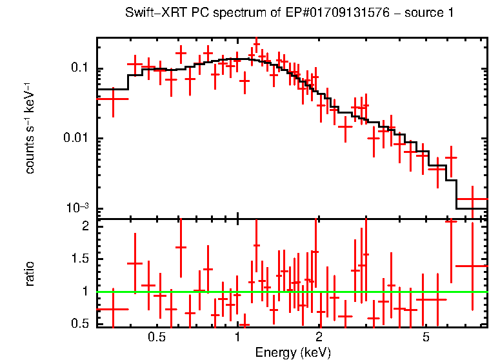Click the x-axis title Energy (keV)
293,352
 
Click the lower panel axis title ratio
30,274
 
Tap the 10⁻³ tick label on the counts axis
78,208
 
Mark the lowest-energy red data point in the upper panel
113,99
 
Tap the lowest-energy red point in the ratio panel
113,309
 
